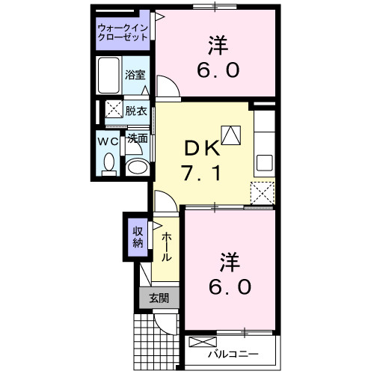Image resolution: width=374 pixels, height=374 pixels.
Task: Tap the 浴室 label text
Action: (x=135, y=76)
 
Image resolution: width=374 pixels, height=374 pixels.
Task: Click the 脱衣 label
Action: (x=135, y=110)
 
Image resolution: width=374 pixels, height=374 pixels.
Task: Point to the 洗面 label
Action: (x=136, y=138)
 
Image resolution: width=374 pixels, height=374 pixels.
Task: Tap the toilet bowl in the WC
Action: (x=109, y=162)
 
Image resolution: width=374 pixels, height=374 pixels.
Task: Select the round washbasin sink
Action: (x=136, y=167)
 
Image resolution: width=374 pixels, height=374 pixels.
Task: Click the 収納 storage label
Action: (x=138, y=236)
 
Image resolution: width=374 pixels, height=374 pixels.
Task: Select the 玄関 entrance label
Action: (x=159, y=298)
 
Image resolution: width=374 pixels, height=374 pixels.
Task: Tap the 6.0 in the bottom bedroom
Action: (x=230, y=286)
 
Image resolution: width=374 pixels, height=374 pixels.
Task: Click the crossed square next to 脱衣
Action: (x=113, y=109)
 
